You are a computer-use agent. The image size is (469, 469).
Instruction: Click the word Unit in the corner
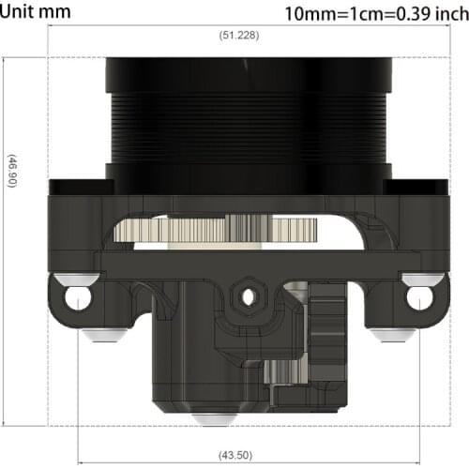(22, 12)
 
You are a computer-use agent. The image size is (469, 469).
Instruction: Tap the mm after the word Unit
(62, 12)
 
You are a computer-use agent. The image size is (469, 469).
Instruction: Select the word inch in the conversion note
(445, 14)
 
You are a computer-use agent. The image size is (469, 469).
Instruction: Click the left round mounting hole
(78, 298)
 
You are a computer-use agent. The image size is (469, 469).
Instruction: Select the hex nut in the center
(248, 297)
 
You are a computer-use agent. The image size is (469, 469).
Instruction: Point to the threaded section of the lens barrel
(248, 127)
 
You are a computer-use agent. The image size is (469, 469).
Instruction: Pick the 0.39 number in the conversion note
(407, 14)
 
